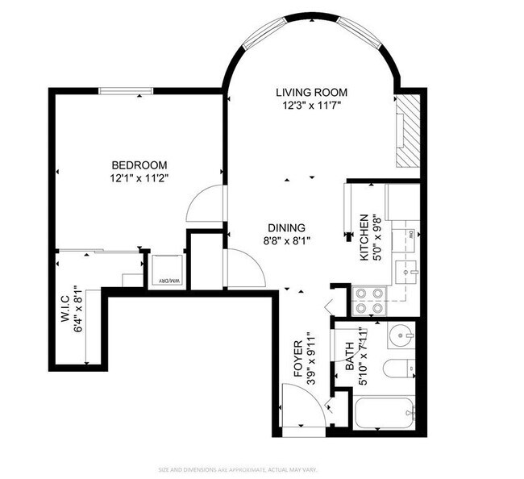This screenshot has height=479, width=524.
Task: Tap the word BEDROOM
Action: [x=139, y=165]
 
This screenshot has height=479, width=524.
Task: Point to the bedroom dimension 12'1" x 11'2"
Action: [x=139, y=177]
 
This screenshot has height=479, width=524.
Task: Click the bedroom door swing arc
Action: [x=203, y=204]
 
